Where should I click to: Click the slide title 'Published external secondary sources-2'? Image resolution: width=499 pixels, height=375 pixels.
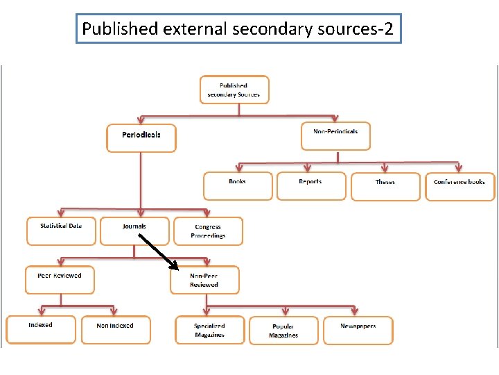pos(238,29)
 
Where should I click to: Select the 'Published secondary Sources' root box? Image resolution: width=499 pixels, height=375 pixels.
pos(234,90)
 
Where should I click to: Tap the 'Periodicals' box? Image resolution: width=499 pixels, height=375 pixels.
pos(141,137)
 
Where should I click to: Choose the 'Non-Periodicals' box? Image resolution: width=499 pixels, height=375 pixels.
pos(335,135)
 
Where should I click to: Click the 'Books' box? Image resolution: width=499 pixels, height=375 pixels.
pos(238,185)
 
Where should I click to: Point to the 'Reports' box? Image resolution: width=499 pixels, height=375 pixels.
pos(310,185)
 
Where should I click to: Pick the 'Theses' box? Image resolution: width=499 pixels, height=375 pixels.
pos(385,186)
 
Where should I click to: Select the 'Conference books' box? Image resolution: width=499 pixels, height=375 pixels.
pos(459,186)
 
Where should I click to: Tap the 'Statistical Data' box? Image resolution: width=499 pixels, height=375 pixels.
pos(61,231)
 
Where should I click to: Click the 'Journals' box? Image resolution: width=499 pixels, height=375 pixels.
pos(134,231)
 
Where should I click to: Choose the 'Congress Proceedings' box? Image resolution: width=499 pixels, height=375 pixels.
pos(209,231)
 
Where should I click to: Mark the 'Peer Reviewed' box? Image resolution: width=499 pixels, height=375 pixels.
pos(60,279)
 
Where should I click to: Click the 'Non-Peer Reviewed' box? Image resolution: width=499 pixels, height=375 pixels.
pos(204,280)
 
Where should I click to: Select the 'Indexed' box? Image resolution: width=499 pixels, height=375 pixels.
pos(41,329)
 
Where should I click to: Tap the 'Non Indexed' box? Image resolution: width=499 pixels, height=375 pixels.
pos(115,330)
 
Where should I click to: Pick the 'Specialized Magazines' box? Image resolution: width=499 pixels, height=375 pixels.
pos(209,331)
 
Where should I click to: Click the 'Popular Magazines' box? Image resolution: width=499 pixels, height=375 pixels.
pos(283,331)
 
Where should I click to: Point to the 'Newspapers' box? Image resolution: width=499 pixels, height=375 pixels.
pos(358,330)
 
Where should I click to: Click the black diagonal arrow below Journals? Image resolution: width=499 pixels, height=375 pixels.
pos(159,251)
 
